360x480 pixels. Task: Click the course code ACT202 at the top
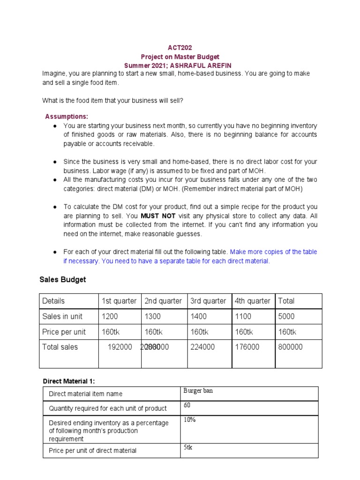[x=180, y=48]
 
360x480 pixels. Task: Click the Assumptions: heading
[x=67, y=116]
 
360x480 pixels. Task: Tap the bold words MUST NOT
[x=158, y=216]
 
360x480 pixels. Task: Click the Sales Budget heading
[x=62, y=279]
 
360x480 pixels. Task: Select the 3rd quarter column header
[x=208, y=301]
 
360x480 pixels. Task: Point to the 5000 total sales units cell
[x=286, y=316]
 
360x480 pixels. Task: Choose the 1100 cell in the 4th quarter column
[x=244, y=316]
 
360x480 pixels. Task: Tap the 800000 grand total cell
[x=291, y=347]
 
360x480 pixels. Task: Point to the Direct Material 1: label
[x=69, y=381]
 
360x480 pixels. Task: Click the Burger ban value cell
[x=198, y=391]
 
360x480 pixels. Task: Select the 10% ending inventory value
[x=189, y=420]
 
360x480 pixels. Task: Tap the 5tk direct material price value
[x=188, y=447]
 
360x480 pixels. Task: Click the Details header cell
[x=53, y=301]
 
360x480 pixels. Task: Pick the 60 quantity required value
[x=187, y=405]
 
